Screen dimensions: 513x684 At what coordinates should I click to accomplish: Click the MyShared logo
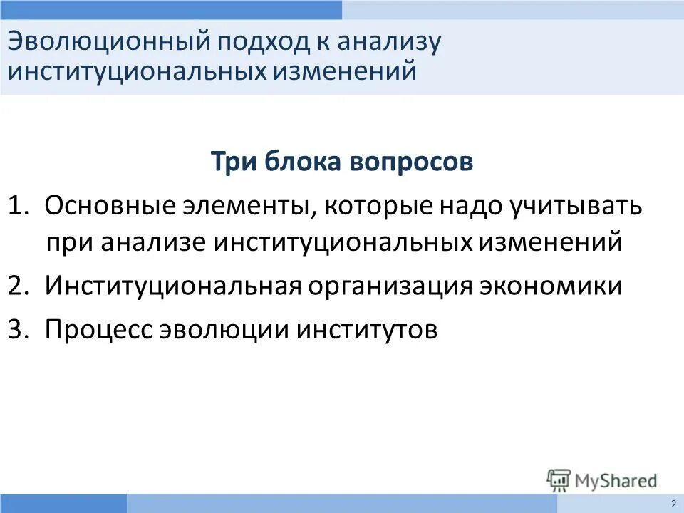pos(602,480)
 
